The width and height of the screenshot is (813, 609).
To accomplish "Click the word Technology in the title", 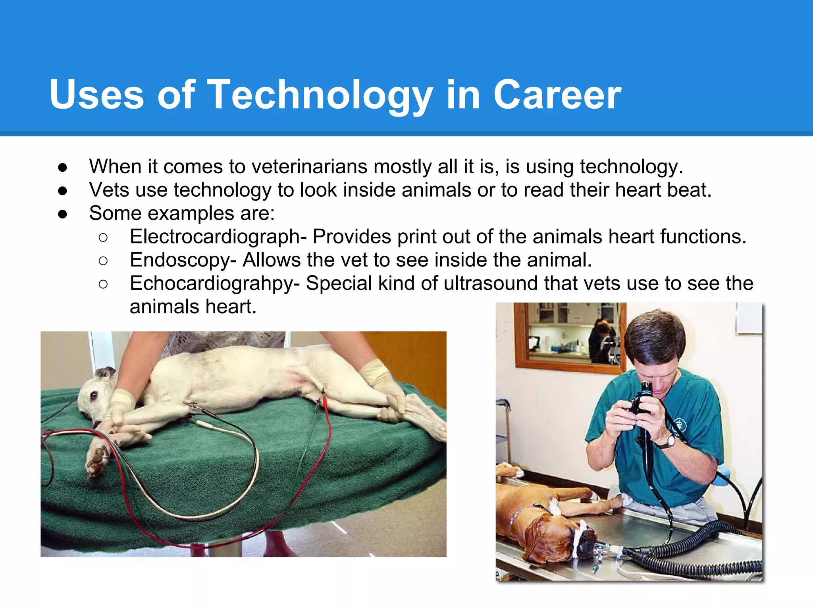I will tap(320, 95).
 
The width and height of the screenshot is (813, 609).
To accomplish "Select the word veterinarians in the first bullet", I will tap(309, 167).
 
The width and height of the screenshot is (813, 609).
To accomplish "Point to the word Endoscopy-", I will tap(183, 260).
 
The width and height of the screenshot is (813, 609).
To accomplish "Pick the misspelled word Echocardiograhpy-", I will tap(215, 283).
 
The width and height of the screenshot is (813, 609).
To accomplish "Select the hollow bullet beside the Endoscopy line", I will tap(103, 260).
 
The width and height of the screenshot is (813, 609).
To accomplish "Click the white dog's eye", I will tap(94, 395).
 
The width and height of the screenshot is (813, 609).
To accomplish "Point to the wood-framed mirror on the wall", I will tap(568, 337).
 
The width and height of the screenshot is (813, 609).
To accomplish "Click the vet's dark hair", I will tap(655, 333).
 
